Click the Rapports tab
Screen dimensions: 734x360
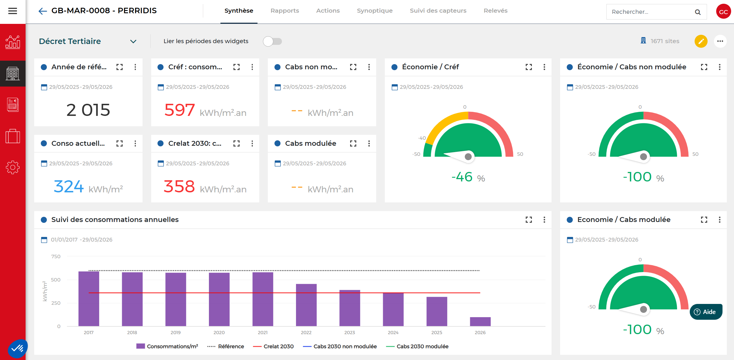[x=285, y=11]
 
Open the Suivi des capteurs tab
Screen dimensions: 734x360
[x=438, y=11]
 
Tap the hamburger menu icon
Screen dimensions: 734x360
[x=13, y=11]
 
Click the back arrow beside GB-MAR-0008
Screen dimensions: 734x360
[x=43, y=11]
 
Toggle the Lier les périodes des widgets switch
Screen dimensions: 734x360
[x=272, y=41]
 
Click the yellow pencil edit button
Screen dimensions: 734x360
[x=701, y=41]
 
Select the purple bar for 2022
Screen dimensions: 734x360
[x=306, y=305]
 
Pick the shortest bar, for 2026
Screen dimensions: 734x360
[x=480, y=322]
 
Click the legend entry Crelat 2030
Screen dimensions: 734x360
[x=273, y=346]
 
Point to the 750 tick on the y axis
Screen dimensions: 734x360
[x=56, y=256]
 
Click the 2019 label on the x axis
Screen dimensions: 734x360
[x=176, y=332]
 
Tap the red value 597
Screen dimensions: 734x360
[x=180, y=110]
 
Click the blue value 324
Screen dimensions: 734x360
[x=69, y=186]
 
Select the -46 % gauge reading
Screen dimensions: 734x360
[x=468, y=177]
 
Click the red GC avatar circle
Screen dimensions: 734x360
[x=723, y=12]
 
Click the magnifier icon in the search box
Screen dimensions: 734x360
[x=698, y=12]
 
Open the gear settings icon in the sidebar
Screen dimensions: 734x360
[x=13, y=167]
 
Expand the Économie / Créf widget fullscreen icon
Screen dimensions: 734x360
[x=529, y=67]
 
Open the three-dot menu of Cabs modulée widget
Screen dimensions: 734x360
[x=369, y=143]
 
